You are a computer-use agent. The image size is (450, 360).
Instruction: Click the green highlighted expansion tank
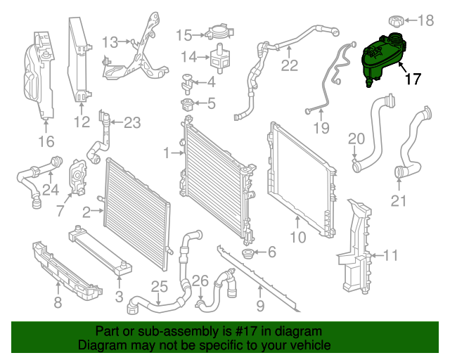pyautogui.click(x=380, y=58)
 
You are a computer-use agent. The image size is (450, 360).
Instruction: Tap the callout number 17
pyautogui.click(x=413, y=79)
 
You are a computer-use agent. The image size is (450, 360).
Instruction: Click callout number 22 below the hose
pyautogui.click(x=290, y=66)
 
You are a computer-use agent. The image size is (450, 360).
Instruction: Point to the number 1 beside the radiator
pyautogui.click(x=167, y=153)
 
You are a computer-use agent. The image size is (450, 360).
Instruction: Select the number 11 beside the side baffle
pyautogui.click(x=391, y=255)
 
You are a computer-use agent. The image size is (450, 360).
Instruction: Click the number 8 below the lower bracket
pyautogui.click(x=58, y=303)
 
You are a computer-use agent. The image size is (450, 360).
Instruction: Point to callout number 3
pyautogui.click(x=119, y=297)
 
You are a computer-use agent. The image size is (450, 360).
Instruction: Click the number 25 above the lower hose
pyautogui.click(x=159, y=286)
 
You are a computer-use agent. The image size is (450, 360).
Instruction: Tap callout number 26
pyautogui.click(x=200, y=281)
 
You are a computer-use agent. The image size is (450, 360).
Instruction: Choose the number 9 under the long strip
pyautogui.click(x=259, y=306)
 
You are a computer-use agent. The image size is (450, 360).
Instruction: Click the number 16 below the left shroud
pyautogui.click(x=46, y=143)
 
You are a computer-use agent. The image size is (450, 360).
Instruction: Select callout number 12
pyautogui.click(x=82, y=122)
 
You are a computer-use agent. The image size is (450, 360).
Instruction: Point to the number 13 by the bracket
pyautogui.click(x=110, y=42)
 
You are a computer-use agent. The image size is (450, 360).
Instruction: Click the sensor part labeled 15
pyautogui.click(x=217, y=32)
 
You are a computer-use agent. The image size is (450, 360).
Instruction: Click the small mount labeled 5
pyautogui.click(x=188, y=105)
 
